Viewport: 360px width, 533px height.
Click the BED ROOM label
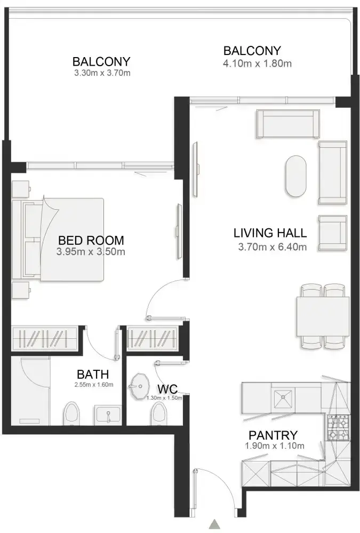click(91, 240)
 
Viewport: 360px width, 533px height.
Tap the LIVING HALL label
click(270, 233)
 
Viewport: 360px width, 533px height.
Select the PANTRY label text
click(273, 435)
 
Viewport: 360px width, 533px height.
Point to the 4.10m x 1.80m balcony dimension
click(258, 63)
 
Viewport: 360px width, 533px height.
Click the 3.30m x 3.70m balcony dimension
click(102, 73)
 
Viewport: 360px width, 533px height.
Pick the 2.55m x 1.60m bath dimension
click(94, 385)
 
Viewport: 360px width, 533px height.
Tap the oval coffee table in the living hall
click(296, 176)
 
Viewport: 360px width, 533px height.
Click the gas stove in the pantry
click(338, 428)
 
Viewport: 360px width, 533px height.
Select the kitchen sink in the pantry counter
click(283, 399)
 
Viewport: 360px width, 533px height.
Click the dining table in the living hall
click(323, 316)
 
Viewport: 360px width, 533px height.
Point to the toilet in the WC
click(159, 413)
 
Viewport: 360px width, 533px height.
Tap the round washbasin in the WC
click(139, 387)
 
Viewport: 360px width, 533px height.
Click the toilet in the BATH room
click(71, 413)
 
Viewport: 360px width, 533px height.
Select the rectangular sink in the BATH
click(107, 415)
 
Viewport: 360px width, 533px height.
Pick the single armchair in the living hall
click(333, 233)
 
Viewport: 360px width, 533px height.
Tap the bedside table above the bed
click(21, 189)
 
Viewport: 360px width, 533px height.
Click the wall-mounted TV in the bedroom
click(179, 232)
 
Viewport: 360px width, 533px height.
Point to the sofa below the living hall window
click(288, 124)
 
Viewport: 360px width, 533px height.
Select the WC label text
click(167, 389)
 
